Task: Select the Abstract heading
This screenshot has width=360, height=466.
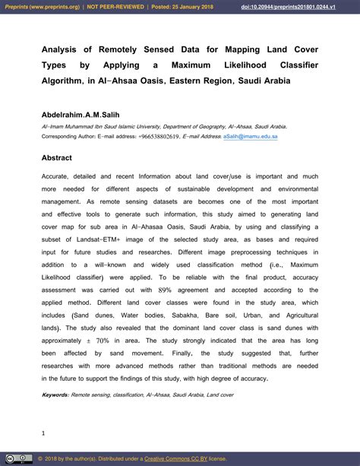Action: pyautogui.click(x=57, y=158)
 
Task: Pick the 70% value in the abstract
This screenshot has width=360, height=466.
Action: pyautogui.click(x=103, y=341)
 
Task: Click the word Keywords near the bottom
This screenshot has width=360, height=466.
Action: pyautogui.click(x=55, y=395)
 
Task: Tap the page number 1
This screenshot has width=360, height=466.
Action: pyautogui.click(x=43, y=433)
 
